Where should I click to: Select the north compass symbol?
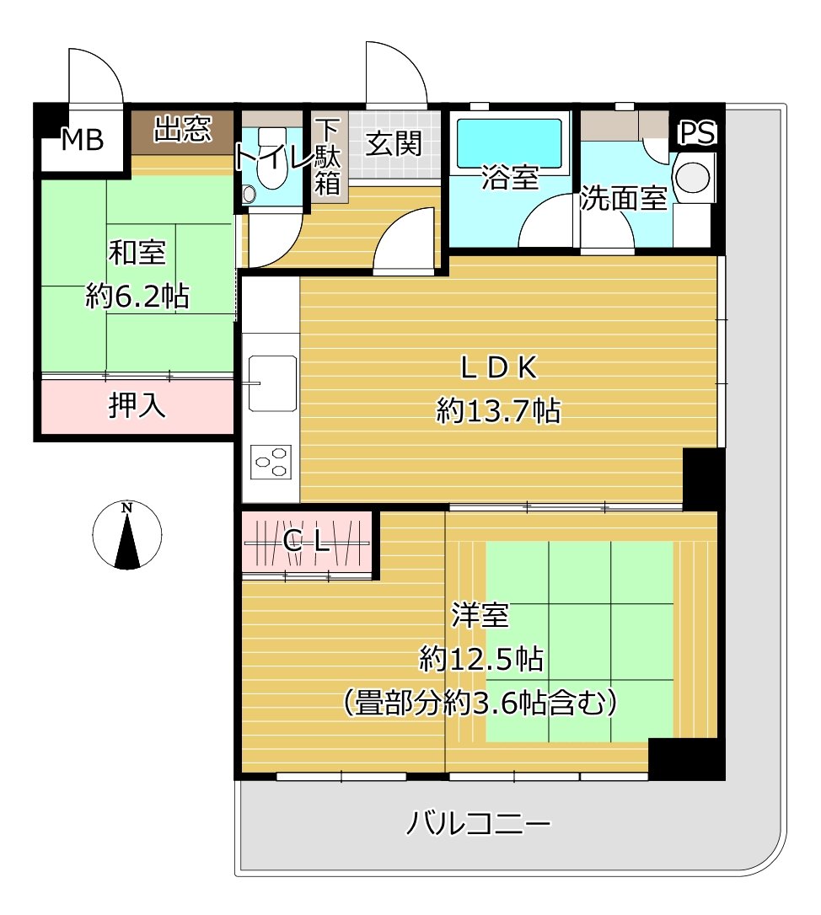(x=126, y=535)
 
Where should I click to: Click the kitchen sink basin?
(x=272, y=381)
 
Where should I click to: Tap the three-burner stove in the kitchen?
(x=271, y=462)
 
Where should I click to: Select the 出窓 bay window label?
(x=182, y=130)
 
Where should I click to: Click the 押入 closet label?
(x=137, y=407)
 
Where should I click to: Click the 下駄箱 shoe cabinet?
(x=327, y=158)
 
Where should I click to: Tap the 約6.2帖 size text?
(x=137, y=296)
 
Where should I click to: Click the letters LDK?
(x=497, y=367)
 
